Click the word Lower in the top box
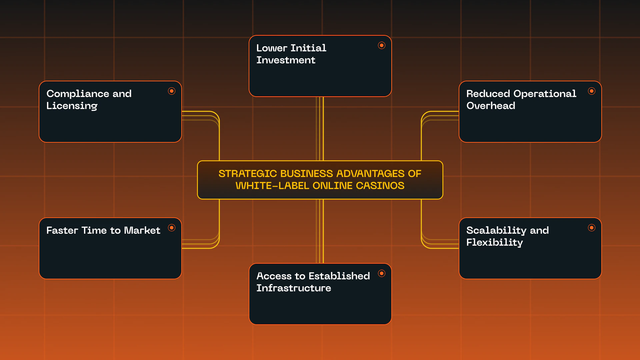[272, 48]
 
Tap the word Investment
[286, 60]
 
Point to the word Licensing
[72, 106]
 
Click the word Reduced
[488, 94]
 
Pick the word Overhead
[491, 106]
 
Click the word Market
[142, 230]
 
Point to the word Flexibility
[494, 243]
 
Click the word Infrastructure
[294, 288]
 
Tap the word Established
[339, 276]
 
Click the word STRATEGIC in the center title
[248, 174]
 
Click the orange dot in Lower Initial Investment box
[382, 45]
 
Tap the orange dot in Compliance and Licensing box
[172, 91]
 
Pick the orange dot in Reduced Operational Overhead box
[592, 91]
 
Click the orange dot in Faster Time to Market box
[172, 228]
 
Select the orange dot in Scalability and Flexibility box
[592, 228]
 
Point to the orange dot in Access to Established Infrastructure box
[382, 273]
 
